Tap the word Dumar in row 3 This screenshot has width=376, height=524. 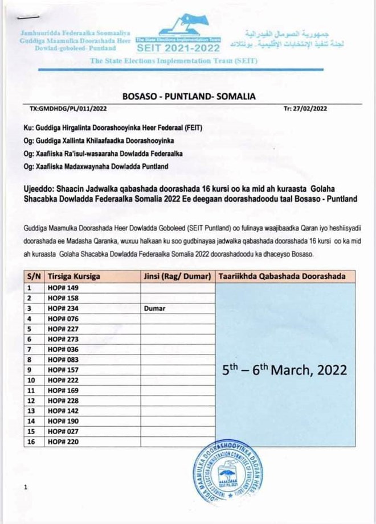[x=154, y=308]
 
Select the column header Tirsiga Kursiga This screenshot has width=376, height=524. [x=74, y=277]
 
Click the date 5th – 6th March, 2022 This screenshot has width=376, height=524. [x=284, y=369]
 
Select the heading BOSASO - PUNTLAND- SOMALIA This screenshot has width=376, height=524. [x=188, y=96]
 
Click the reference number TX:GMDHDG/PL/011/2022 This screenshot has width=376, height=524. [x=68, y=108]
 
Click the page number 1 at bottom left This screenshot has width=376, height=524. [x=26, y=488]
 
